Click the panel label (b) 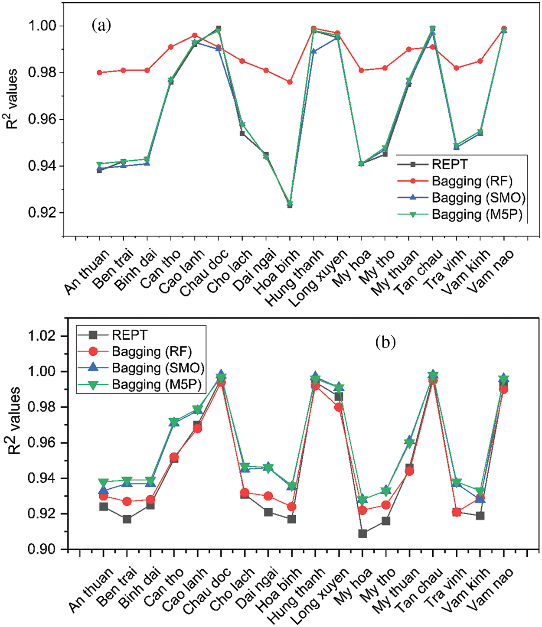(x=385, y=342)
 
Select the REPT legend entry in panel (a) (x=449, y=165)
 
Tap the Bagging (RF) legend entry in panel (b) (x=151, y=351)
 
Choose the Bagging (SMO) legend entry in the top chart (x=478, y=198)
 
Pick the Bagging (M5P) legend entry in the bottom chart (x=157, y=384)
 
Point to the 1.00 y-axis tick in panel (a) (x=42, y=26)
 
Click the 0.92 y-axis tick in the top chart (x=42, y=213)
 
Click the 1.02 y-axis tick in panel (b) (x=42, y=336)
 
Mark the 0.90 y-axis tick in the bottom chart (x=42, y=549)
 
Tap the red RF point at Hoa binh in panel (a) (x=290, y=82)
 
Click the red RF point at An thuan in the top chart (x=100, y=72)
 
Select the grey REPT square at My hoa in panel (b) (x=362, y=533)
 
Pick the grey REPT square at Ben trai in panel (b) (x=127, y=519)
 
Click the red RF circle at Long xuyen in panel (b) (x=339, y=407)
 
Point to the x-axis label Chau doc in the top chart (x=205, y=273)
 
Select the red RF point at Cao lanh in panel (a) (x=195, y=36)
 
